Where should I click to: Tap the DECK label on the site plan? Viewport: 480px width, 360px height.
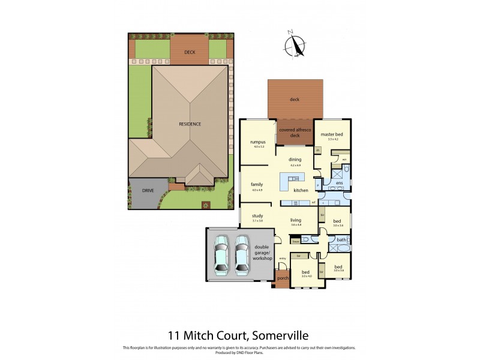(x=190, y=52)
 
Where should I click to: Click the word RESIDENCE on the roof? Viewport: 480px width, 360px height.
(x=190, y=124)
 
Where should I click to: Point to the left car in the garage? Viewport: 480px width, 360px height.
(x=221, y=253)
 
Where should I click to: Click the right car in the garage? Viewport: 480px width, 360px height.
(x=242, y=253)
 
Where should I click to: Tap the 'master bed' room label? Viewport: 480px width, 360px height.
(x=329, y=134)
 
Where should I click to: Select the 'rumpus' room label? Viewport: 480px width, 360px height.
(x=258, y=142)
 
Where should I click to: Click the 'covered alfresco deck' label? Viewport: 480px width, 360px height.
(x=295, y=133)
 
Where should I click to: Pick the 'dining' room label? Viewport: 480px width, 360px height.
(x=295, y=160)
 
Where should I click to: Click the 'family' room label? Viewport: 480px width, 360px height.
(x=257, y=185)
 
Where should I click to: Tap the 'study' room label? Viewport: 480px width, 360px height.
(x=257, y=216)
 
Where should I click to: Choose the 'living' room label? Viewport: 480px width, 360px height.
(x=295, y=220)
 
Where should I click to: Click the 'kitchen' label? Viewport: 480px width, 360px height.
(x=301, y=190)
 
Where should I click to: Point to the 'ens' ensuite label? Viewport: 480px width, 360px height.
(x=339, y=182)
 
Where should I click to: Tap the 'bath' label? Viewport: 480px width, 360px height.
(x=341, y=240)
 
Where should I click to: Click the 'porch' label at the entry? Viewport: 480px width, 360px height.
(x=283, y=278)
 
